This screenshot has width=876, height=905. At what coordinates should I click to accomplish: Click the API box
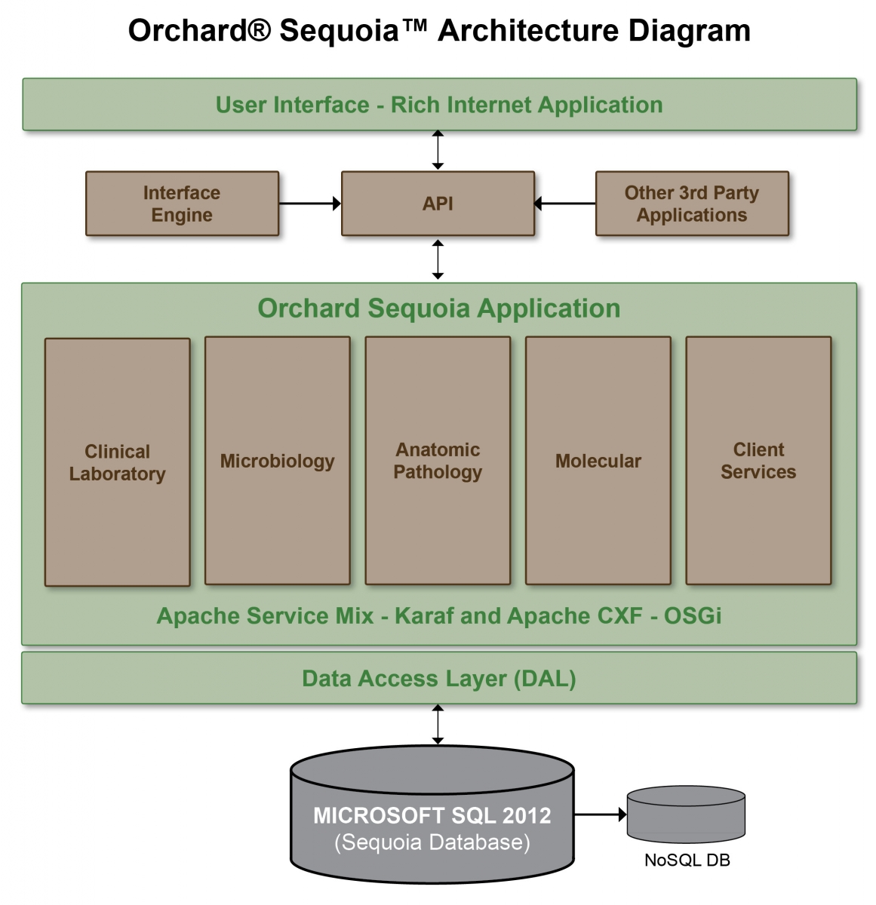pyautogui.click(x=438, y=203)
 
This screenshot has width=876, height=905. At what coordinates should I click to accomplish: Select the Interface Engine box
pyautogui.click(x=182, y=203)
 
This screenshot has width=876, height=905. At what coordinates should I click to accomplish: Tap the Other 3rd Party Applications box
pyautogui.click(x=692, y=203)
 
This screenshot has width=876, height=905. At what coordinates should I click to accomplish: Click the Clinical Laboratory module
pyautogui.click(x=117, y=462)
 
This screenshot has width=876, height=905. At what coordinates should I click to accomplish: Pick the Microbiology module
pyautogui.click(x=277, y=460)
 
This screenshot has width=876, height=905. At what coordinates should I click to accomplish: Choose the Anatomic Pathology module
pyautogui.click(x=438, y=460)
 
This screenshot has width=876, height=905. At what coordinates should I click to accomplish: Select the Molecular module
pyautogui.click(x=598, y=460)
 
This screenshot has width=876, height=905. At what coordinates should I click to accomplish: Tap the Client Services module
pyautogui.click(x=758, y=460)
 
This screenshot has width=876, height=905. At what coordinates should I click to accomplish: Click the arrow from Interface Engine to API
pyautogui.click(x=310, y=203)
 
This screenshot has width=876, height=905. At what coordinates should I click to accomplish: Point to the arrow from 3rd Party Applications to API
pyautogui.click(x=565, y=203)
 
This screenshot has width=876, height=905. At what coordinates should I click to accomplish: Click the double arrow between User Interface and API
pyautogui.click(x=438, y=150)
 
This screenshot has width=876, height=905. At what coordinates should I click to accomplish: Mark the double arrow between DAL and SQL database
pyautogui.click(x=438, y=724)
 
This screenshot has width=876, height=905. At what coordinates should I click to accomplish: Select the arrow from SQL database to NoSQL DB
pyautogui.click(x=600, y=814)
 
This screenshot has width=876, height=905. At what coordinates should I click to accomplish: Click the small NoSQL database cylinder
pyautogui.click(x=686, y=814)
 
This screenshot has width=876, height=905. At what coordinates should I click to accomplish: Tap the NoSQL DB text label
pyautogui.click(x=687, y=860)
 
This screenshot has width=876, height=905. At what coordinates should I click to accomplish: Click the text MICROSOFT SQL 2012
pyautogui.click(x=432, y=815)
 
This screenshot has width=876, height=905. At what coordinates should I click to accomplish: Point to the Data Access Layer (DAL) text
pyautogui.click(x=438, y=679)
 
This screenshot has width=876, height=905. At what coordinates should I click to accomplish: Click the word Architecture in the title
pyautogui.click(x=528, y=30)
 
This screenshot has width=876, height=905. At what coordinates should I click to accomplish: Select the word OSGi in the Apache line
pyautogui.click(x=692, y=615)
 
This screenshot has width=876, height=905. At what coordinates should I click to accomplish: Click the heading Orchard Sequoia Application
pyautogui.click(x=438, y=308)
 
